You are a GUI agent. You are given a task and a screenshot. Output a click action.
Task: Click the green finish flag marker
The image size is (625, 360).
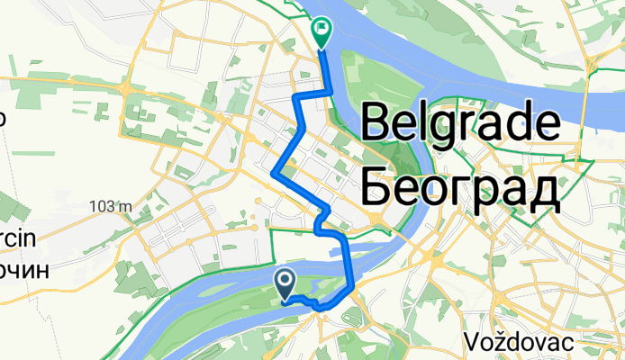coord(322,32)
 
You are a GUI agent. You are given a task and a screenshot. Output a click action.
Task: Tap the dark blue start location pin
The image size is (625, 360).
coord(285,284)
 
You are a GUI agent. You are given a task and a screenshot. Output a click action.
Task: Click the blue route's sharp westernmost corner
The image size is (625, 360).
coord(274,169)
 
